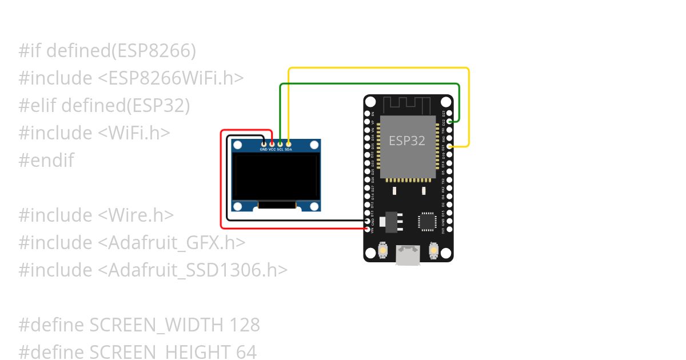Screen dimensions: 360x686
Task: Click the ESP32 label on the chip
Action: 407,141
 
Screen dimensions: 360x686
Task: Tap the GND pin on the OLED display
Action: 264,143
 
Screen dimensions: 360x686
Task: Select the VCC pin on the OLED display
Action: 272,143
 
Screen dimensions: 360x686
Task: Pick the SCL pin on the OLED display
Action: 280,143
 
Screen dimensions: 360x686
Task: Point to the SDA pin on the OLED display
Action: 289,143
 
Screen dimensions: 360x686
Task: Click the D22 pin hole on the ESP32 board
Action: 450,122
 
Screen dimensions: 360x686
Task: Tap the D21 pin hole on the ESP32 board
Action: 450,146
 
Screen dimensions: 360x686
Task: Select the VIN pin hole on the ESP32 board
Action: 368,229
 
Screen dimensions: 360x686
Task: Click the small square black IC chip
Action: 426,221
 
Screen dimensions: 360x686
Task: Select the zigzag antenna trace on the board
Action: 407,105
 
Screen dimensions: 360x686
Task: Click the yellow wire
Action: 377,68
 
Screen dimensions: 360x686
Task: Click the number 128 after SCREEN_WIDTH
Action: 245,325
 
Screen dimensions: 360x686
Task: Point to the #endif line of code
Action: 46,161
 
